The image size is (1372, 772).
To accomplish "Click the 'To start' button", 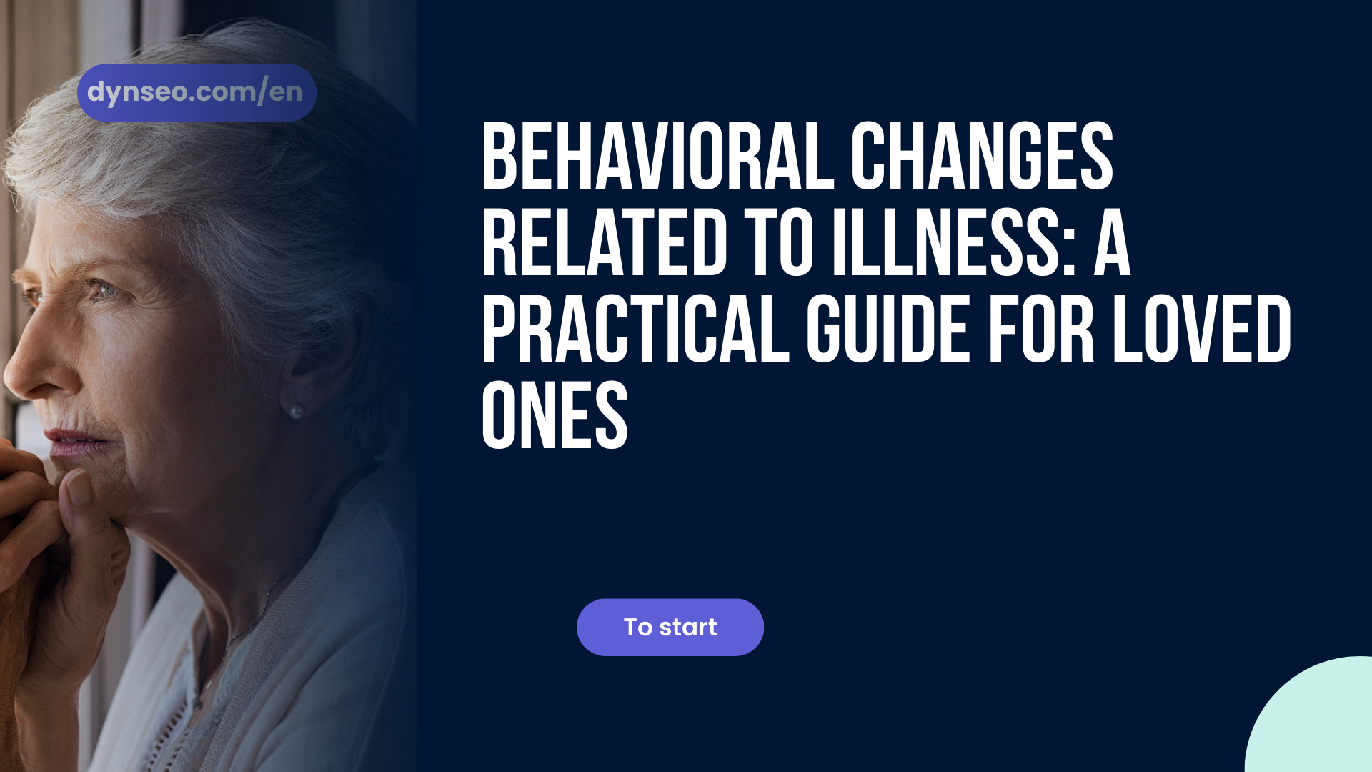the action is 670,627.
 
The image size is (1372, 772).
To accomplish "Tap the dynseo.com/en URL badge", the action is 197,93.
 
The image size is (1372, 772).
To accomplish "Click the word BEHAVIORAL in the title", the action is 658,156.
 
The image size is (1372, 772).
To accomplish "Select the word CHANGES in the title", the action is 982,156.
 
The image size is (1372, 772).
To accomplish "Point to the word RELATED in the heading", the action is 605,242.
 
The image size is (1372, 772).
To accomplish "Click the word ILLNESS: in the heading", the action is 954,242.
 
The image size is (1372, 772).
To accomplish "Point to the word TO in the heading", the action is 779,242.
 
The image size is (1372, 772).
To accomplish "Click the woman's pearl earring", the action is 296,411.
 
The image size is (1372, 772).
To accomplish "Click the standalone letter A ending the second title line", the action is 1113,242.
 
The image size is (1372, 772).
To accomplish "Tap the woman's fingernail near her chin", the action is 77,488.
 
